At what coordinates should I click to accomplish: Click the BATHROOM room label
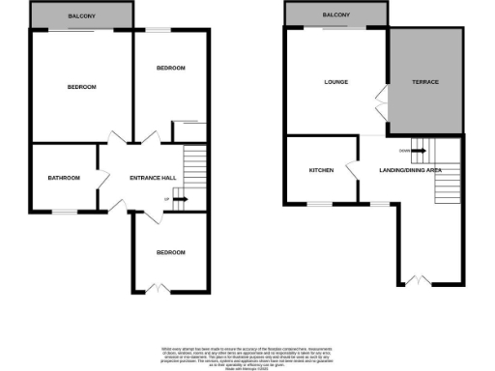click(x=65, y=178)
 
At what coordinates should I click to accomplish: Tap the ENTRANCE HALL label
click(x=153, y=178)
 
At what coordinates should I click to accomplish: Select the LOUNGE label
click(x=335, y=82)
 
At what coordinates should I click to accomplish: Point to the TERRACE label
click(x=425, y=82)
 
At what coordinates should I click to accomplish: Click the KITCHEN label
click(x=321, y=170)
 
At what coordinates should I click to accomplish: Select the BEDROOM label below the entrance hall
click(x=170, y=252)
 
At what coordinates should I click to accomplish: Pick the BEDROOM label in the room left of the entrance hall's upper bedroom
click(x=82, y=88)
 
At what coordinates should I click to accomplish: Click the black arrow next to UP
click(x=181, y=200)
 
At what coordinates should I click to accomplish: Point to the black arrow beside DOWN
click(x=419, y=150)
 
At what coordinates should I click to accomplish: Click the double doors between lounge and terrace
click(x=384, y=98)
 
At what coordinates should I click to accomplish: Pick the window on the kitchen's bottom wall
click(x=320, y=204)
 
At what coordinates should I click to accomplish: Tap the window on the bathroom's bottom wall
click(x=64, y=212)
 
